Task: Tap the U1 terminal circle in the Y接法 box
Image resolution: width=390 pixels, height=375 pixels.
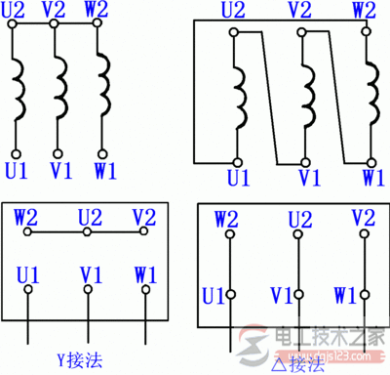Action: pyautogui.click(x=29, y=290)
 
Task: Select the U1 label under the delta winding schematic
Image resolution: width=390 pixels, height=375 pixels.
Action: pyautogui.click(x=238, y=178)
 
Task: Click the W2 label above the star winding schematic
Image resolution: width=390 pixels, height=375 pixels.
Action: pyautogui.click(x=98, y=11)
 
